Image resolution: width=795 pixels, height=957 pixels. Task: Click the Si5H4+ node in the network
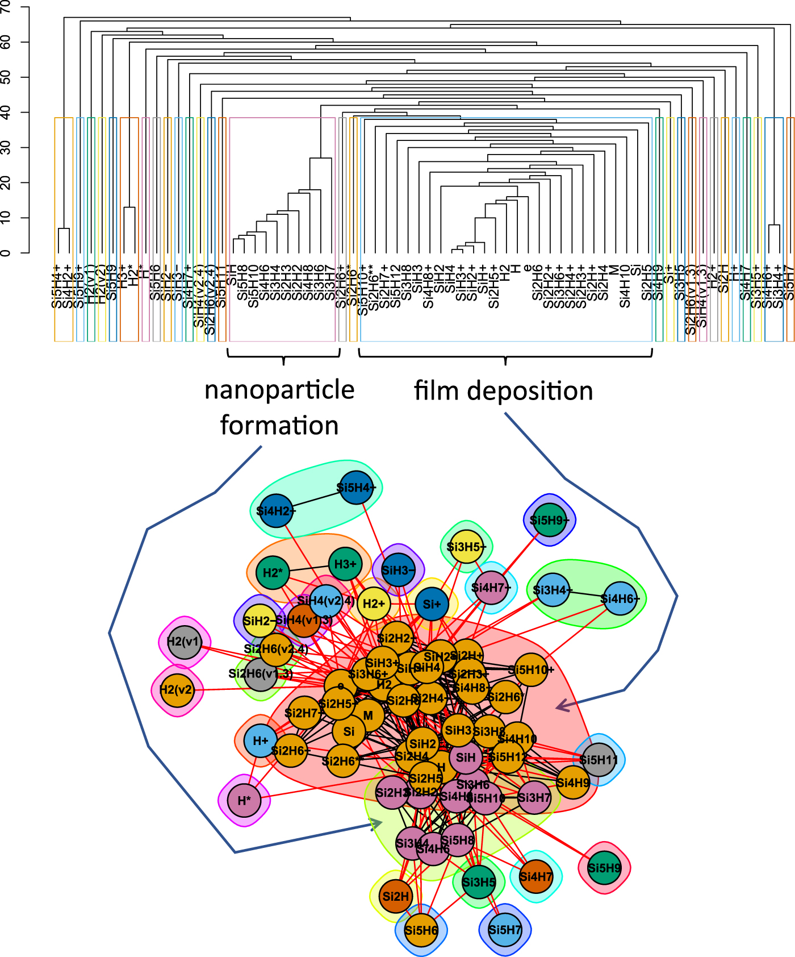click(356, 488)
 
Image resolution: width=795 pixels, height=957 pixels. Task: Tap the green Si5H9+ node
click(550, 520)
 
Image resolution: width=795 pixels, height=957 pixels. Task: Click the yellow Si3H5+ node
click(466, 547)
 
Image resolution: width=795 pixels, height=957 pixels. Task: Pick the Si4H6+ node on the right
click(619, 598)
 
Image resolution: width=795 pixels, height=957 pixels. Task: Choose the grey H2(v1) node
click(185, 642)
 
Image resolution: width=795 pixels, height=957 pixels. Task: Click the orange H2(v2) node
click(177, 690)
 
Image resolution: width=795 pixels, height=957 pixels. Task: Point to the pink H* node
click(244, 800)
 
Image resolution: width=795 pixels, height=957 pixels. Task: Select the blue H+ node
click(261, 740)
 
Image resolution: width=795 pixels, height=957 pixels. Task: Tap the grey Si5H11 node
click(599, 760)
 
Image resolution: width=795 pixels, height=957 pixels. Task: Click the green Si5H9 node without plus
click(604, 868)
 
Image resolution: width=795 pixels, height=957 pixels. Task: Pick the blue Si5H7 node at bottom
click(504, 930)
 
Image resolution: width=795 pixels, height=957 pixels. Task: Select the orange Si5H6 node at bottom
click(421, 930)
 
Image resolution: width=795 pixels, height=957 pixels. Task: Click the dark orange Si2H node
click(395, 896)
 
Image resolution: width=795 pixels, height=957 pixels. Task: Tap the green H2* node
click(273, 572)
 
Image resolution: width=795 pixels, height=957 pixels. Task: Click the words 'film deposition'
click(503, 391)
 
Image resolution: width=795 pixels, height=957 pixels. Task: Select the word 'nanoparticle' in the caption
click(279, 390)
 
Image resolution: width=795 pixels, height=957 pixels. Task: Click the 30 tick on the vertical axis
click(7, 148)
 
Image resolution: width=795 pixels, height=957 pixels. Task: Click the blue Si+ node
click(432, 604)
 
